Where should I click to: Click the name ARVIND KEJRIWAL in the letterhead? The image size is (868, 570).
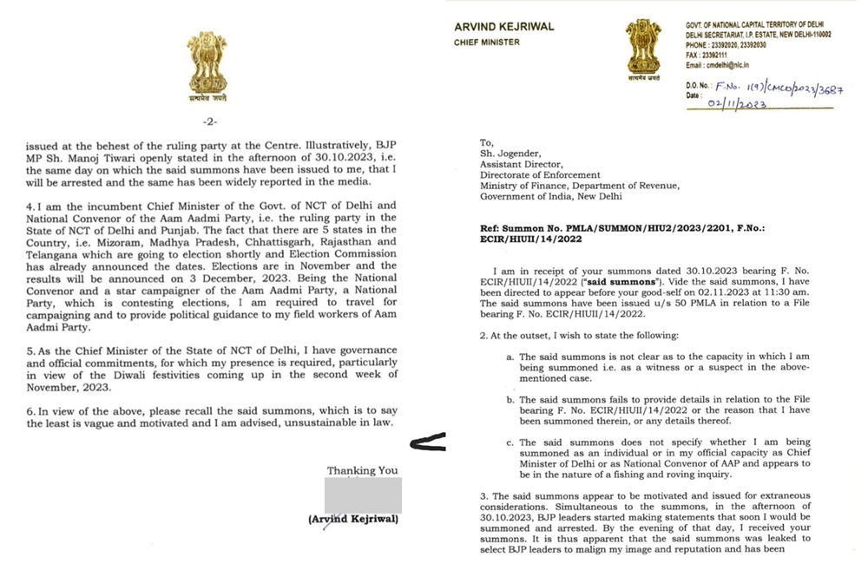[503, 27]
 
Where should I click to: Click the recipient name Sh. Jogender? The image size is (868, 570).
[511, 153]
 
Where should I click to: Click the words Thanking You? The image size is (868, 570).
[362, 470]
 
